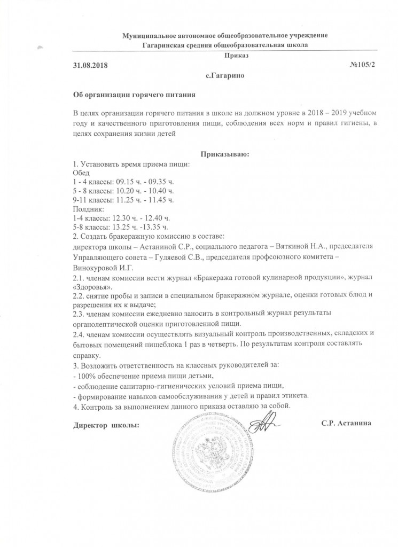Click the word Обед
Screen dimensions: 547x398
pos(81,173)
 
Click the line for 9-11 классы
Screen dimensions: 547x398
pos(123,200)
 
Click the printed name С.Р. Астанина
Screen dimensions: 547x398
pos(346,423)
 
